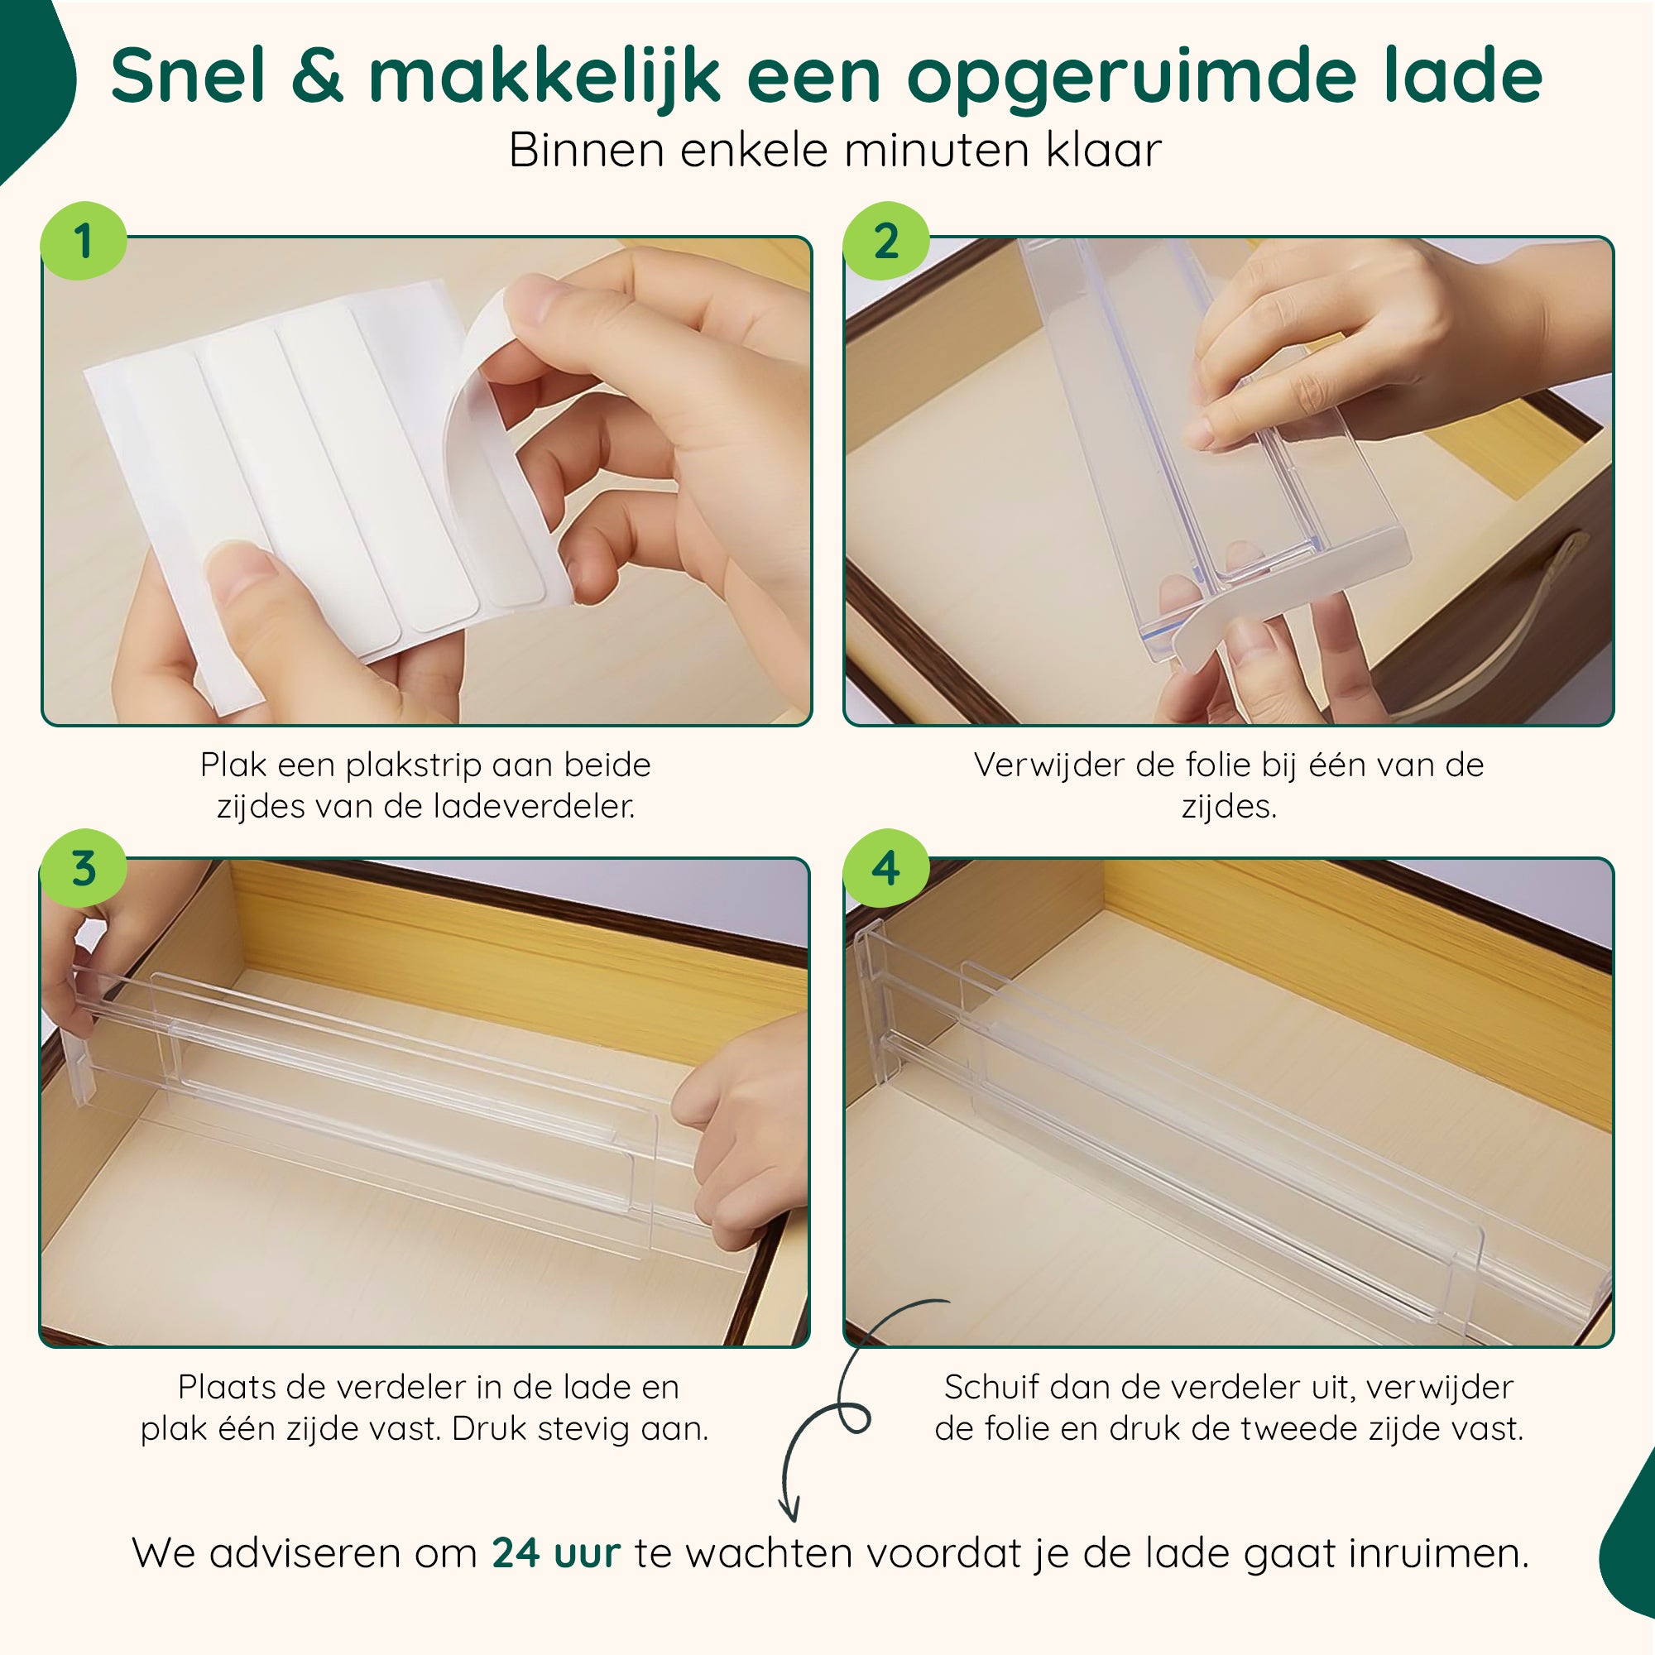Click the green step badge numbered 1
coord(84,241)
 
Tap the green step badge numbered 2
coord(885,241)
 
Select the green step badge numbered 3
coord(84,868)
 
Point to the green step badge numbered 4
coord(885,868)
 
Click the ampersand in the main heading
coord(317,75)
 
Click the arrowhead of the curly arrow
coord(789,1511)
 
